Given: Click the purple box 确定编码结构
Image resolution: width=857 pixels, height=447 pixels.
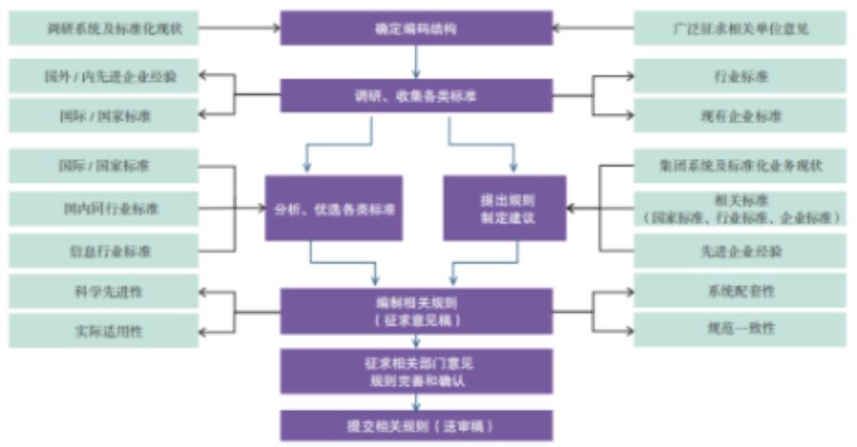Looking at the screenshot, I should click(x=416, y=29).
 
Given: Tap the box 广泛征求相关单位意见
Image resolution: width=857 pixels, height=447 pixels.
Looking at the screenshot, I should click(x=739, y=29).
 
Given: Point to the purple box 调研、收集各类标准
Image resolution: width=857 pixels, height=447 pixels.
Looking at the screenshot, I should click(x=416, y=95).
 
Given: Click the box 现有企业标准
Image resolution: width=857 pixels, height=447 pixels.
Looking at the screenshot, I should click(x=739, y=116).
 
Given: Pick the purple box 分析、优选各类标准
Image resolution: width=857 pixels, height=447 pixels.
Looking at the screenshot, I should click(x=333, y=207).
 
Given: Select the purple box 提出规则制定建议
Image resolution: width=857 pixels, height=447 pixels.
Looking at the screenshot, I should click(x=505, y=207).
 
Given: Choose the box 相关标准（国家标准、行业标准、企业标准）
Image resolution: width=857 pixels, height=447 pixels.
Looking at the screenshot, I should click(x=739, y=208).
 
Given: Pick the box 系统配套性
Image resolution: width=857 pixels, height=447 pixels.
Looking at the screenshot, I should click(x=739, y=290).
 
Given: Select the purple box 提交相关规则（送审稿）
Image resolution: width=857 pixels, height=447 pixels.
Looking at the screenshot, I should click(x=416, y=424).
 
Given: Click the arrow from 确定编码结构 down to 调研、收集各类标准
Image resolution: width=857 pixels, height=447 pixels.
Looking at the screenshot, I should click(x=416, y=62).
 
